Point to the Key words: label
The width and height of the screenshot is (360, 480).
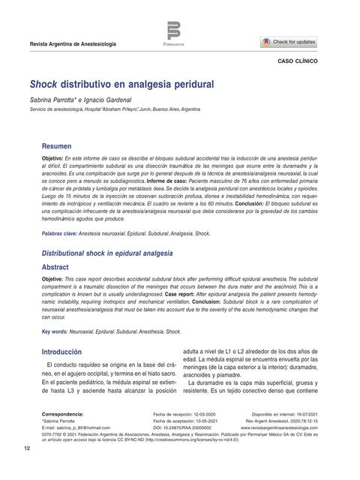54,331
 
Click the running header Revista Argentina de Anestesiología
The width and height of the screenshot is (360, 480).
73,45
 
